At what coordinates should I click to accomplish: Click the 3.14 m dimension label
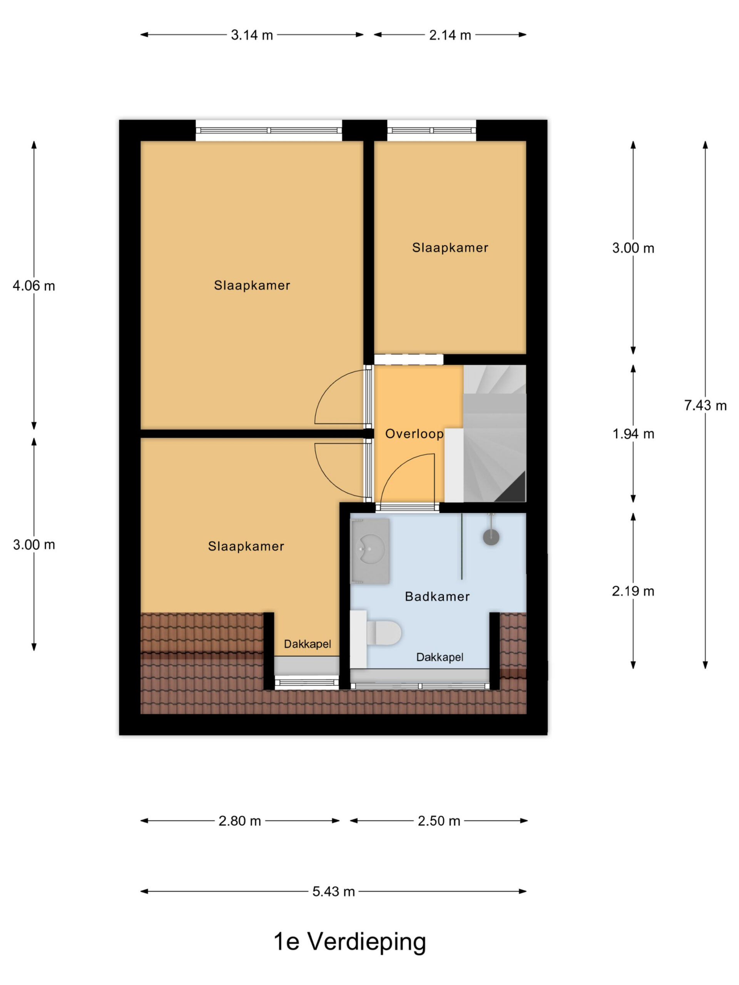pos(252,35)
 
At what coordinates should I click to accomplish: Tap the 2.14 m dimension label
pos(450,35)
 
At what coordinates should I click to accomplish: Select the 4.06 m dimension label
pos(34,285)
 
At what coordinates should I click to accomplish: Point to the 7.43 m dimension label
pos(705,405)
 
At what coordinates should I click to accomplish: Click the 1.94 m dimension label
pos(633,433)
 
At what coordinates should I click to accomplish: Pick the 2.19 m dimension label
pos(633,591)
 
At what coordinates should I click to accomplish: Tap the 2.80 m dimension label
pos(240,821)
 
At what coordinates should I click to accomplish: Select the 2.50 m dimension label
pos(439,821)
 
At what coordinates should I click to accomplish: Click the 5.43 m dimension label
pos(334,892)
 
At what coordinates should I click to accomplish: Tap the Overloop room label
pos(414,434)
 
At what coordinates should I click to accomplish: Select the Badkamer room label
pos(437,596)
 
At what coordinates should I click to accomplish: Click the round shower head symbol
pos(491,537)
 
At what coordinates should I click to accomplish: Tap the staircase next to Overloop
pos(495,433)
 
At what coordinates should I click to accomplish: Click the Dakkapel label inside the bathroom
pos(440,657)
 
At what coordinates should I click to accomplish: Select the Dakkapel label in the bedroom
pos(308,644)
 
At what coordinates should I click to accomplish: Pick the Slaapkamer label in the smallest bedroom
pos(450,247)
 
